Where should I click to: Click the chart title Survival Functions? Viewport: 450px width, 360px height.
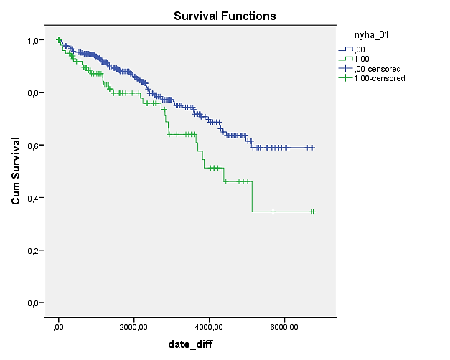[225, 16]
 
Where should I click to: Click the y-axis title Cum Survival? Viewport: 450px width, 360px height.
[16, 171]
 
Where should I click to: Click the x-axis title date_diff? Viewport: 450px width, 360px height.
[190, 344]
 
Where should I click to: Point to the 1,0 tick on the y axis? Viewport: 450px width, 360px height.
[33, 40]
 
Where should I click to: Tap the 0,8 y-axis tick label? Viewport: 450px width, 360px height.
[33, 93]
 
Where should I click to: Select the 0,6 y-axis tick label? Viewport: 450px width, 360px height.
[33, 146]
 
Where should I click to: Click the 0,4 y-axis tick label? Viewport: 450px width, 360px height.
[33, 198]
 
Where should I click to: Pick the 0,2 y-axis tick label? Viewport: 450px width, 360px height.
[33, 251]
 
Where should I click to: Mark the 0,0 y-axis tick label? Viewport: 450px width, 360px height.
[33, 303]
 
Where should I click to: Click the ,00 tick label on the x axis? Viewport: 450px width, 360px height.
[58, 327]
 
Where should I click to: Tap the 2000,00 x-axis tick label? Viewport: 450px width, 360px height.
[133, 327]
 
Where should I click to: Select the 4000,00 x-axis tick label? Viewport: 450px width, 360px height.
[209, 327]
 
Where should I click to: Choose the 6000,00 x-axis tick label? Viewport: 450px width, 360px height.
[284, 327]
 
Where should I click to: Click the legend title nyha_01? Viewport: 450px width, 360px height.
[371, 35]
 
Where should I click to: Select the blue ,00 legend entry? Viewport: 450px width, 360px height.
[352, 49]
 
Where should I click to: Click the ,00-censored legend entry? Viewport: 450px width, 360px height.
[370, 69]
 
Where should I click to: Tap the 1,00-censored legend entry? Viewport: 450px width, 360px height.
[372, 78]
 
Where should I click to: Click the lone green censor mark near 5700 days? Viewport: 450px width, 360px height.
[273, 212]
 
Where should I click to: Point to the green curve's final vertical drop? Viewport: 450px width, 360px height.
[252, 196]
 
